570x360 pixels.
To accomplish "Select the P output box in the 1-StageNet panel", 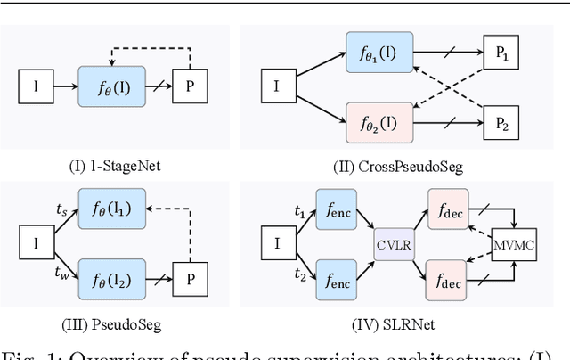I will click(x=189, y=87).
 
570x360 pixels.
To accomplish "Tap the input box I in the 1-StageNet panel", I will click(x=37, y=87).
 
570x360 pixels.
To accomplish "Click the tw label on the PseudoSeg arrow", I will click(x=61, y=266).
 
